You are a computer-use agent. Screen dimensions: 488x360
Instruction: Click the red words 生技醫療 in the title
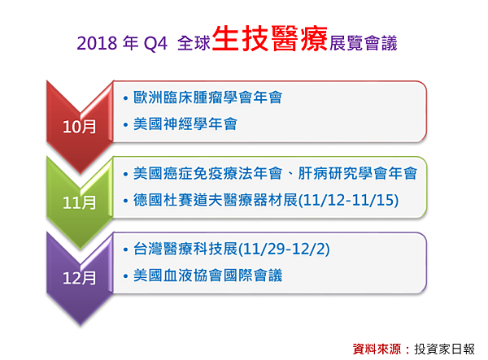tap(270, 38)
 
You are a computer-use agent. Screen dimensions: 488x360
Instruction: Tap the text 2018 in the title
tap(97, 43)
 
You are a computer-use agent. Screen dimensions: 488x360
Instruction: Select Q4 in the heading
tap(155, 44)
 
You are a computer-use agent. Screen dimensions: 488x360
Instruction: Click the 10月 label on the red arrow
tap(80, 127)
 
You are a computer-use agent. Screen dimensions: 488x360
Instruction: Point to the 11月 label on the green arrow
tap(80, 202)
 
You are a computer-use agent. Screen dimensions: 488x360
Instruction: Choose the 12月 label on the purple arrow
tap(80, 278)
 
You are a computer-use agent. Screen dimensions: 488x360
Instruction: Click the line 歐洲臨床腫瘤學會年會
tap(208, 98)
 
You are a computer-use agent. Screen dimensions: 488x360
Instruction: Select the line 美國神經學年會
tap(185, 124)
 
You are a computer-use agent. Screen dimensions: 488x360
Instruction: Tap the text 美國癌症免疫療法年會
tap(208, 173)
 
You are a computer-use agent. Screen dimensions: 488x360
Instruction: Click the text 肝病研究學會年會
tap(358, 173)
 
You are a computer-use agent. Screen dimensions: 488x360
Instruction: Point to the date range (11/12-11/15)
tap(348, 200)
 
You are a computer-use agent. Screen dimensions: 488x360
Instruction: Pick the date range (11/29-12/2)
tap(284, 249)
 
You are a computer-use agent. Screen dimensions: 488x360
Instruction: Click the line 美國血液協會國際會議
tap(208, 275)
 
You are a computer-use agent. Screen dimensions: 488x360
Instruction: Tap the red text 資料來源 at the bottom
tap(377, 349)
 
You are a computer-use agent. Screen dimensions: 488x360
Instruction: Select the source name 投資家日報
tap(444, 349)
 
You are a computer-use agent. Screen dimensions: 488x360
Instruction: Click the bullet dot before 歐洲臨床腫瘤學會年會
tap(125, 98)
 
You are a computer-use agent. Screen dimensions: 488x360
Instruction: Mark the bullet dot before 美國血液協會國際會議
tap(125, 276)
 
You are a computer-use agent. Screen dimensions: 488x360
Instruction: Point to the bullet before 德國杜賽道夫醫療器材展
tap(125, 201)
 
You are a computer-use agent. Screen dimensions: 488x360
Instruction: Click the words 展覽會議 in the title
tap(364, 43)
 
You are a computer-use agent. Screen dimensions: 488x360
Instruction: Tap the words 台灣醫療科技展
tap(185, 249)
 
